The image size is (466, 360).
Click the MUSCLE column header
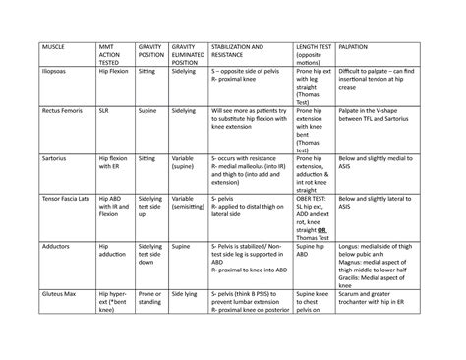click(52, 47)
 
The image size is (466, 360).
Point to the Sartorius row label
click(54, 156)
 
